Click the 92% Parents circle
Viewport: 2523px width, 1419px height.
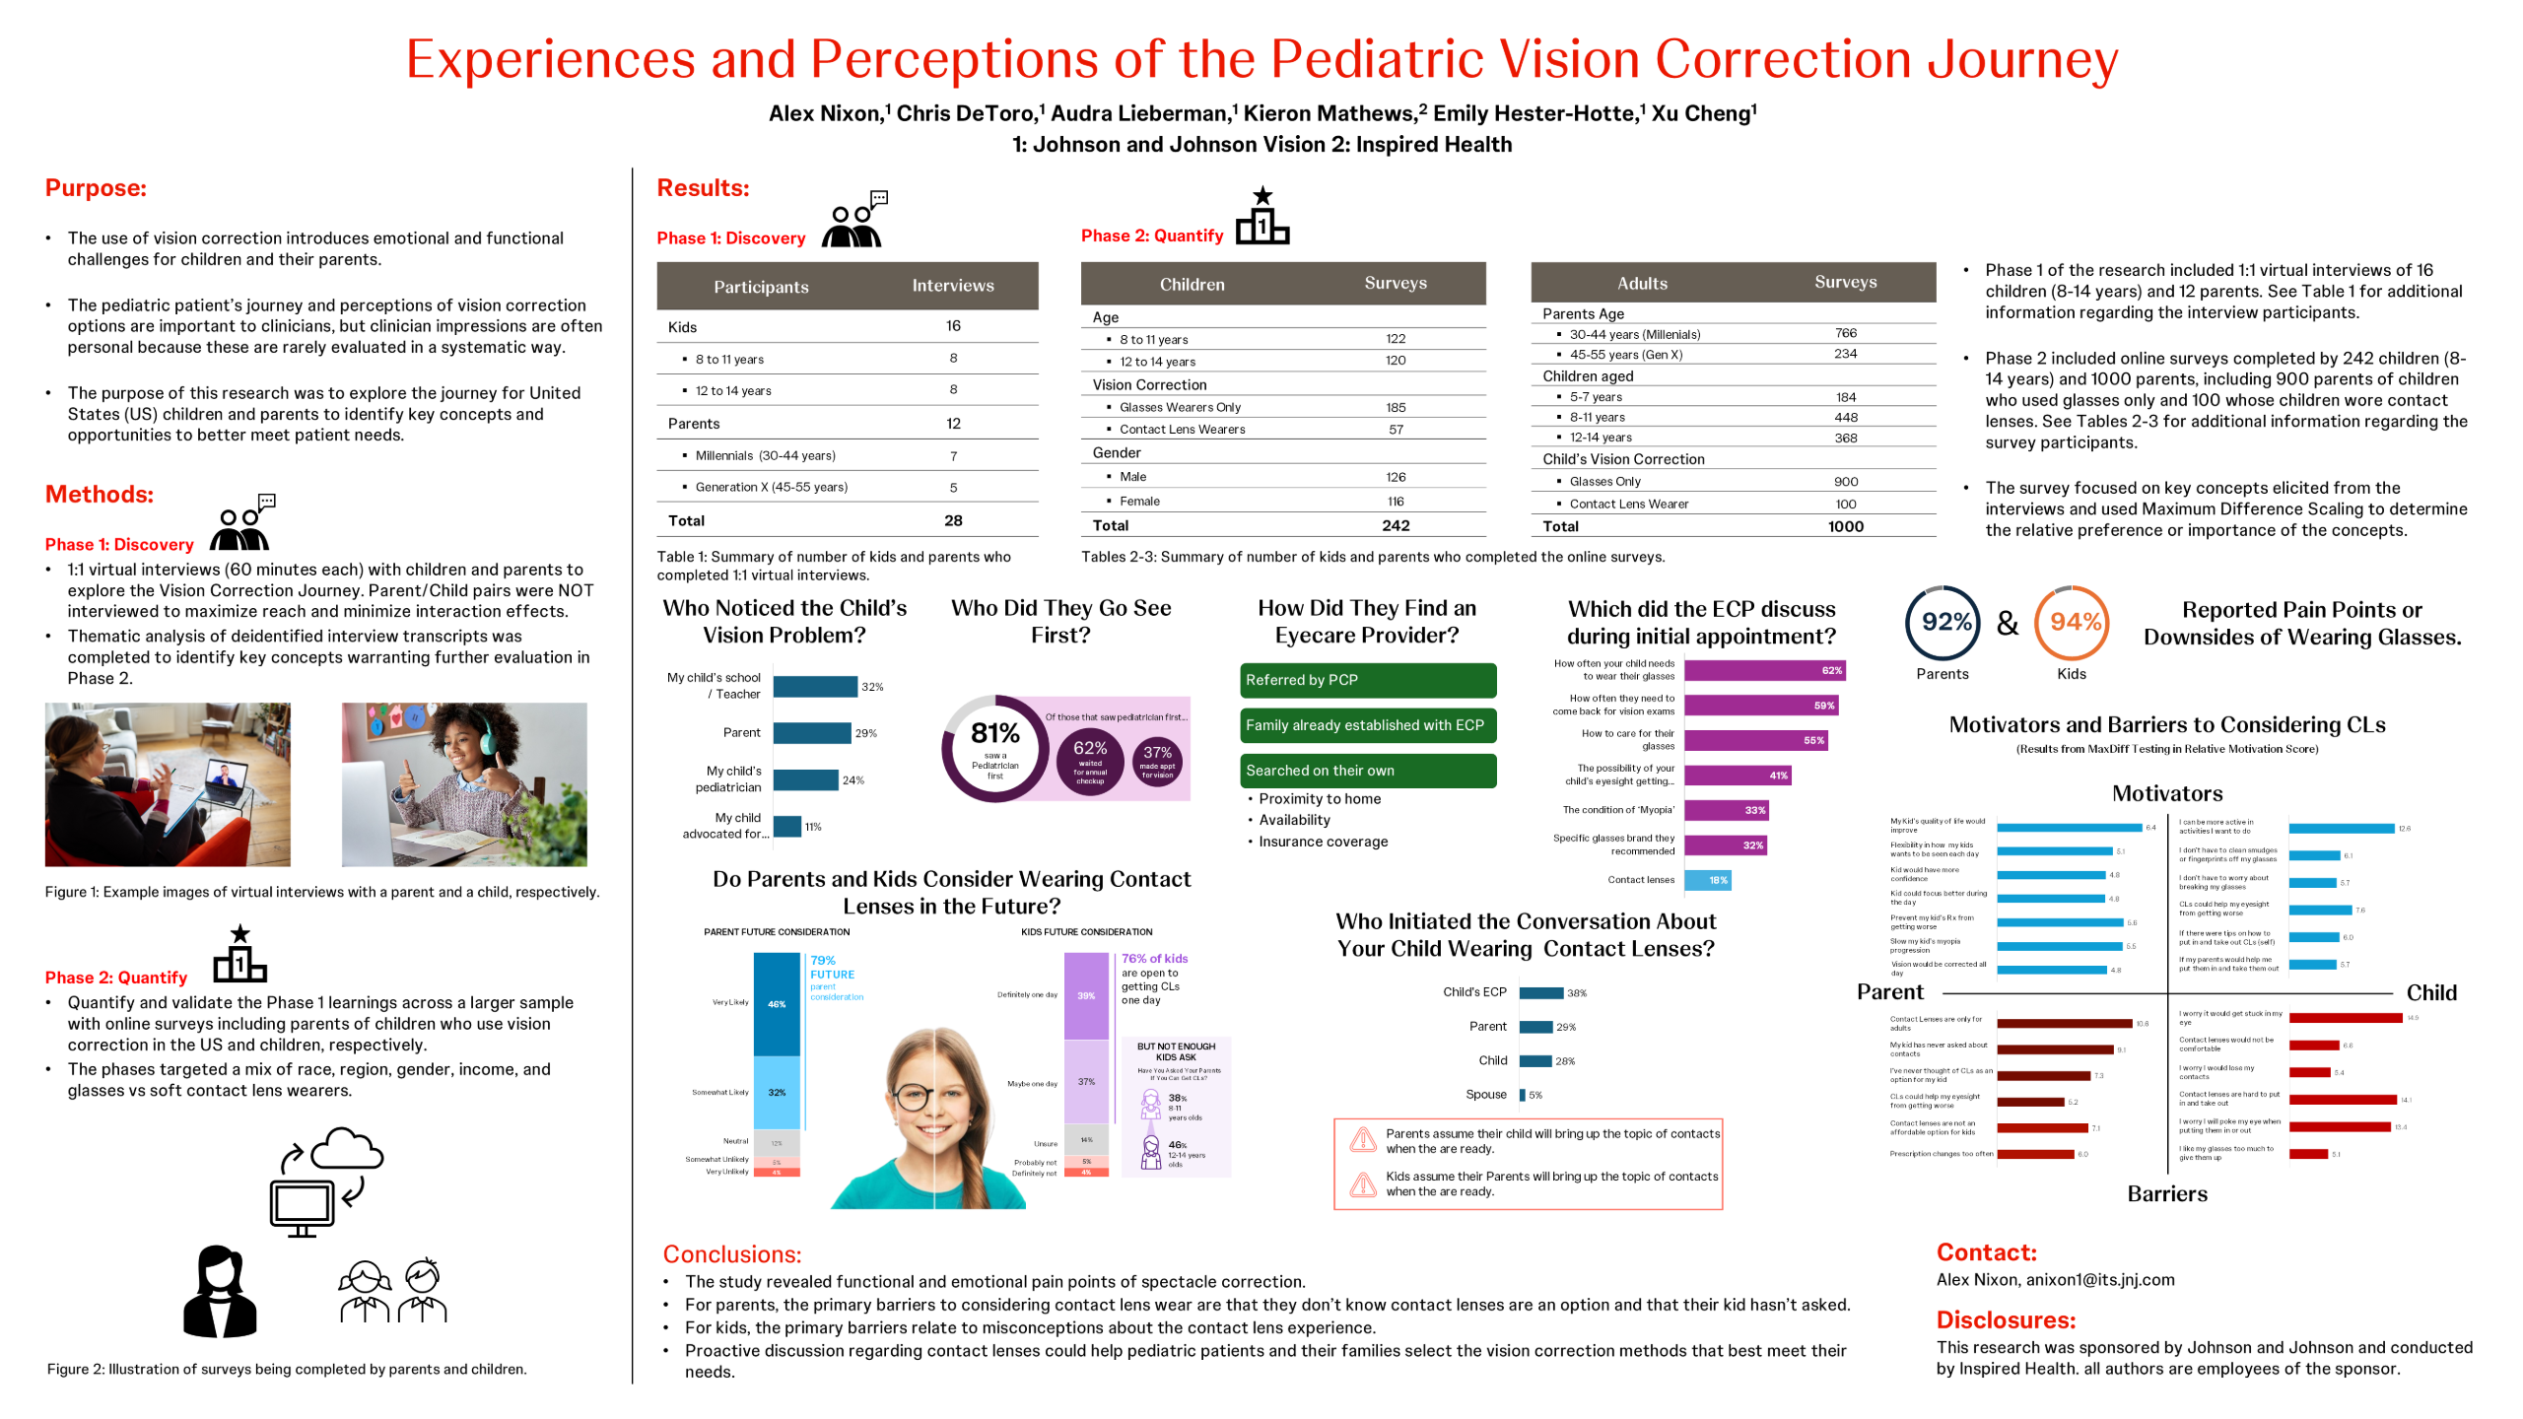click(1943, 623)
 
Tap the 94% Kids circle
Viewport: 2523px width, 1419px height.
click(2072, 623)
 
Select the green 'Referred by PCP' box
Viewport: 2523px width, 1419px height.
click(1367, 680)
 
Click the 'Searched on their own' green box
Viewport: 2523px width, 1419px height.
click(1367, 771)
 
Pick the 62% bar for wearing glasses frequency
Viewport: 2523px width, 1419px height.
click(1764, 671)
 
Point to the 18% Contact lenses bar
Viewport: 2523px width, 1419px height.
click(1707, 880)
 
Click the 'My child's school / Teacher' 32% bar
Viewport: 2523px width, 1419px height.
click(815, 687)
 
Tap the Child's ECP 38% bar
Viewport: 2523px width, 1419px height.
click(1541, 993)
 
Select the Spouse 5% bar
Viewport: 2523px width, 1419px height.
click(1523, 1095)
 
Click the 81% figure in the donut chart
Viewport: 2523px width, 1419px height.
click(994, 733)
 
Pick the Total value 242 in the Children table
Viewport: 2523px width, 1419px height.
click(1396, 526)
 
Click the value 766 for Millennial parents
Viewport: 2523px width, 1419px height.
click(1845, 333)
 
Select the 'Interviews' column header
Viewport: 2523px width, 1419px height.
click(952, 286)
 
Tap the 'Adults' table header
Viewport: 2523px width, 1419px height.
click(1642, 283)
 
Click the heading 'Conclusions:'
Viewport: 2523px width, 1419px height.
click(731, 1254)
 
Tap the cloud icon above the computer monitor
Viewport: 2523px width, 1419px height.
click(346, 1149)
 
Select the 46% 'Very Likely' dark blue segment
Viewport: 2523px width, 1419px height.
click(777, 1004)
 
